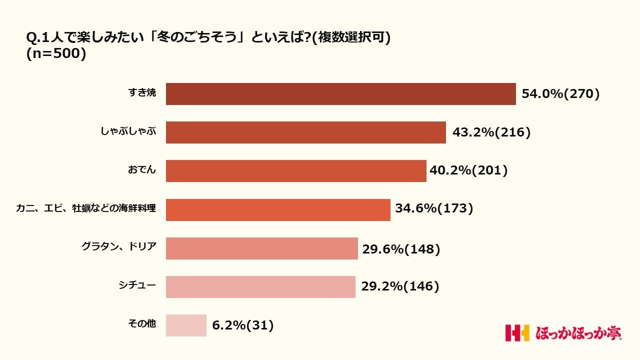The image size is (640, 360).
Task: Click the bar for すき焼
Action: click(340, 94)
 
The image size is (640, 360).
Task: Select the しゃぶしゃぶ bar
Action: click(305, 132)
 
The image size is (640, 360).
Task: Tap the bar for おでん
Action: click(296, 171)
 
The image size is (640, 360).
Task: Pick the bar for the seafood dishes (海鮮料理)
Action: click(278, 209)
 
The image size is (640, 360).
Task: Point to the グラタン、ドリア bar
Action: click(261, 248)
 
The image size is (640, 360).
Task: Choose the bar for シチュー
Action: click(260, 287)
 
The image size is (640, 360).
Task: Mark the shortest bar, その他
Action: click(186, 325)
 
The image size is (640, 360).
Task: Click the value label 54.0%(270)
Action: click(560, 94)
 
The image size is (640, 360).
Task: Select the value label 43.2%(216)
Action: click(491, 132)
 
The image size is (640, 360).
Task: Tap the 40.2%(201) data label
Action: click(468, 171)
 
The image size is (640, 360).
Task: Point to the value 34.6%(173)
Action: click(434, 208)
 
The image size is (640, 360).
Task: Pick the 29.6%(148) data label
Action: click(401, 248)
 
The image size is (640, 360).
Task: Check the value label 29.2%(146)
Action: click(400, 286)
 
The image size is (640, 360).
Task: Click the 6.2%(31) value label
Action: click(243, 326)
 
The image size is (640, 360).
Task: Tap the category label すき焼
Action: click(142, 93)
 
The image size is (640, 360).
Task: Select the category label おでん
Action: click(141, 170)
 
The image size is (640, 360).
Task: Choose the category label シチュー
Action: click(137, 286)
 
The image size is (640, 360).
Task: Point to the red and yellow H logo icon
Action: click(517, 333)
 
